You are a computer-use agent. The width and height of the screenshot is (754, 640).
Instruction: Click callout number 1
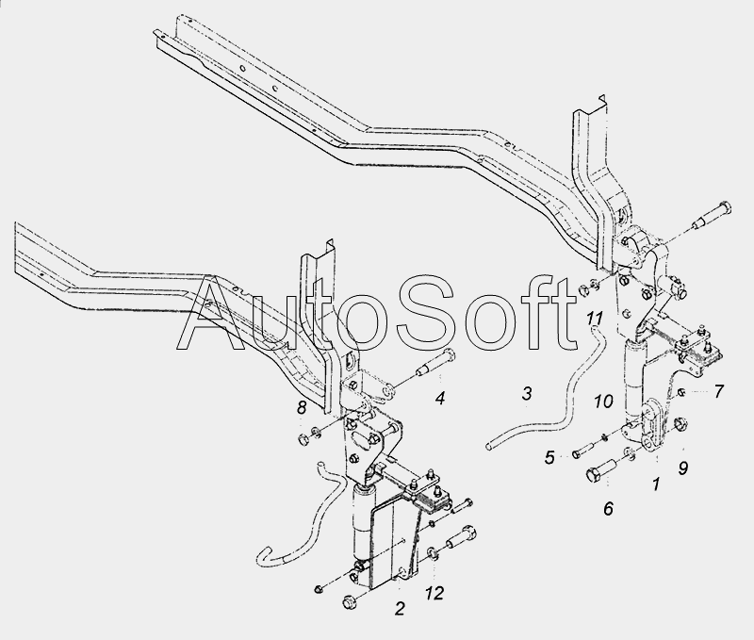[x=656, y=484]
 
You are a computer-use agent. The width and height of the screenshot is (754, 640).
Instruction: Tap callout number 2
[x=400, y=608]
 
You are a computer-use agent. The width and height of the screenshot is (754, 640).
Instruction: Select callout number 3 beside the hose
[x=527, y=393]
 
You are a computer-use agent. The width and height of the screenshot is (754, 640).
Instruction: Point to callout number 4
[x=440, y=398]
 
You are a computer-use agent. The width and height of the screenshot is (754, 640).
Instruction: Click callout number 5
[x=549, y=457]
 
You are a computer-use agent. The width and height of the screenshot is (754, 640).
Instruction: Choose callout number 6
[x=608, y=508]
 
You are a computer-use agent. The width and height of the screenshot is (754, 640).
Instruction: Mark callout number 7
[x=718, y=391]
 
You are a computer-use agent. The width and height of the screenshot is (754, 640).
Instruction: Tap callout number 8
[x=301, y=408]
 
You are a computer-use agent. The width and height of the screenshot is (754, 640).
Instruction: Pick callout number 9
[x=683, y=468]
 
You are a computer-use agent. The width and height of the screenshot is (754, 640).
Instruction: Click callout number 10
[x=603, y=401]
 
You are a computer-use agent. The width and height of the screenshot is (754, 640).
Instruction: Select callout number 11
[x=595, y=318]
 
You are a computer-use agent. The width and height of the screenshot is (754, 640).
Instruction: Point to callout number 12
[x=434, y=594]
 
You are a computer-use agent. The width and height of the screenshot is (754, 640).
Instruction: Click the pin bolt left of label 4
[x=434, y=363]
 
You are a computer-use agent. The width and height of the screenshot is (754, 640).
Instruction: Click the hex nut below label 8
[x=303, y=438]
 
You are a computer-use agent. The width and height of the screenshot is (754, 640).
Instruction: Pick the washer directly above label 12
[x=432, y=553]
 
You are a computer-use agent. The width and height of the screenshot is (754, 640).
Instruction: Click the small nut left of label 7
[x=681, y=394]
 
